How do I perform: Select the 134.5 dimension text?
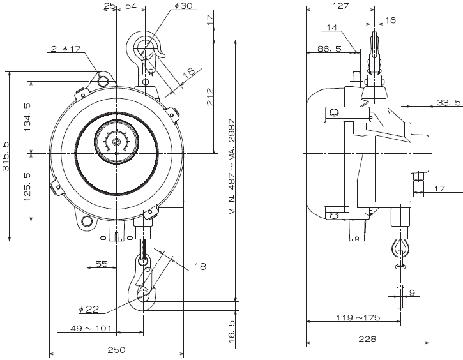point(26,117)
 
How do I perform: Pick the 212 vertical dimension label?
point(211,96)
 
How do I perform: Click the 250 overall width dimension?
point(116,350)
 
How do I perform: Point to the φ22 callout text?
point(89,310)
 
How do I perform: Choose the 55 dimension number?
point(102,263)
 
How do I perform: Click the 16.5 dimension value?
point(231,332)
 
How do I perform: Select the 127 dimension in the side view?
point(341,6)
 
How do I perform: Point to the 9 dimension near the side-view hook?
point(412,293)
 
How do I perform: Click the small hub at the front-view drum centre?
point(116,142)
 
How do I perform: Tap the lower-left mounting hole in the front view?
point(87,222)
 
